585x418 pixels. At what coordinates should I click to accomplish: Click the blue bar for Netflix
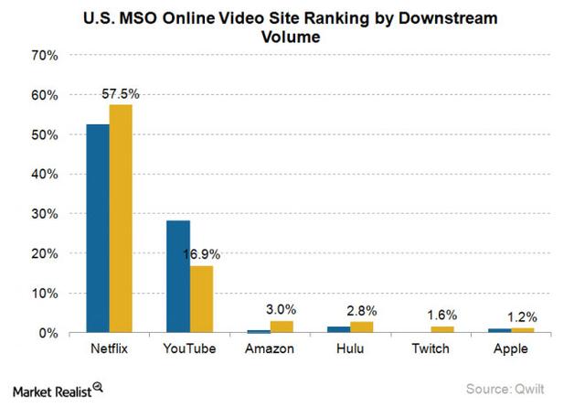pos(97,229)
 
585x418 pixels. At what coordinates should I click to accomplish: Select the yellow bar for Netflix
pos(121,220)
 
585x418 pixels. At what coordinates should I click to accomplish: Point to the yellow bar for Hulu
pos(361,327)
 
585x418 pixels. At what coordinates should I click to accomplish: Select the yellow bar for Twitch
pos(441,329)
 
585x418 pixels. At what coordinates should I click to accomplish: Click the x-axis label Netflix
pos(109,350)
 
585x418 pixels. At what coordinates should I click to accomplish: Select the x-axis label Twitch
pos(430,350)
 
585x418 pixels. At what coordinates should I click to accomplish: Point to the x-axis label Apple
pos(510,350)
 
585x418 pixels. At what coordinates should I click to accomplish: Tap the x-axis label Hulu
pos(349,350)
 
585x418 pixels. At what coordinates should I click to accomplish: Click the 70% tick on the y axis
pos(45,56)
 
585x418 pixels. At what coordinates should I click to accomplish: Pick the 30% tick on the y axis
pos(45,214)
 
